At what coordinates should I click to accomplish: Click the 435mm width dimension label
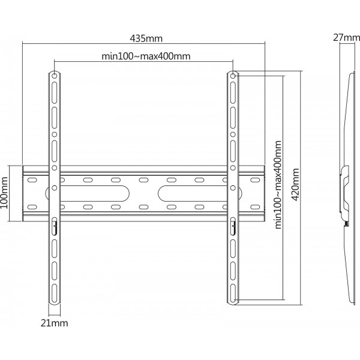click(146, 38)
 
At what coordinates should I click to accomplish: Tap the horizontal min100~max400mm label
click(146, 56)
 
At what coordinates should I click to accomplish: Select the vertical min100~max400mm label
click(278, 185)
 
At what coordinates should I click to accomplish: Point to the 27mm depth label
click(347, 37)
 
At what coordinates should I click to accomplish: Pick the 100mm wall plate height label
click(4, 193)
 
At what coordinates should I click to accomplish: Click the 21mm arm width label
click(55, 323)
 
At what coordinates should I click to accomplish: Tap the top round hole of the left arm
click(55, 76)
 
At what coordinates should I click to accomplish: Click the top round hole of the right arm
click(233, 76)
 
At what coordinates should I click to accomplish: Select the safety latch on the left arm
click(55, 226)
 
